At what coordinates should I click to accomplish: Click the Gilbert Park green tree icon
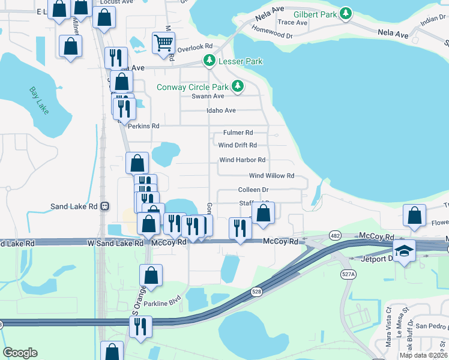(x=345, y=13)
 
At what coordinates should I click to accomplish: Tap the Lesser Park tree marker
(x=209, y=61)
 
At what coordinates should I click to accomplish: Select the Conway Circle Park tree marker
(x=238, y=87)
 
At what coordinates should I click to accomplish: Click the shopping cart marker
(x=163, y=43)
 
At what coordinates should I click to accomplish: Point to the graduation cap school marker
(x=405, y=250)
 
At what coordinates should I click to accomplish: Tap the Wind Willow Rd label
(x=271, y=176)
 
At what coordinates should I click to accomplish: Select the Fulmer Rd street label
(x=238, y=133)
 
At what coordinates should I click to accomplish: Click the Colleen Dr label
(x=253, y=190)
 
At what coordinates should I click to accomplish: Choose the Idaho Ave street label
(x=221, y=110)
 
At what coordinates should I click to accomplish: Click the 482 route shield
(x=335, y=236)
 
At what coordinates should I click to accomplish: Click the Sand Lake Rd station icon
(x=104, y=206)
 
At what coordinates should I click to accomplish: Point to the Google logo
(x=20, y=353)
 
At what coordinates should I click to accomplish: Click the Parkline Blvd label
(x=163, y=302)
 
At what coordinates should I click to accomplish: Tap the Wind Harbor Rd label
(x=242, y=160)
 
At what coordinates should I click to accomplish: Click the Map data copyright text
(x=424, y=355)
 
